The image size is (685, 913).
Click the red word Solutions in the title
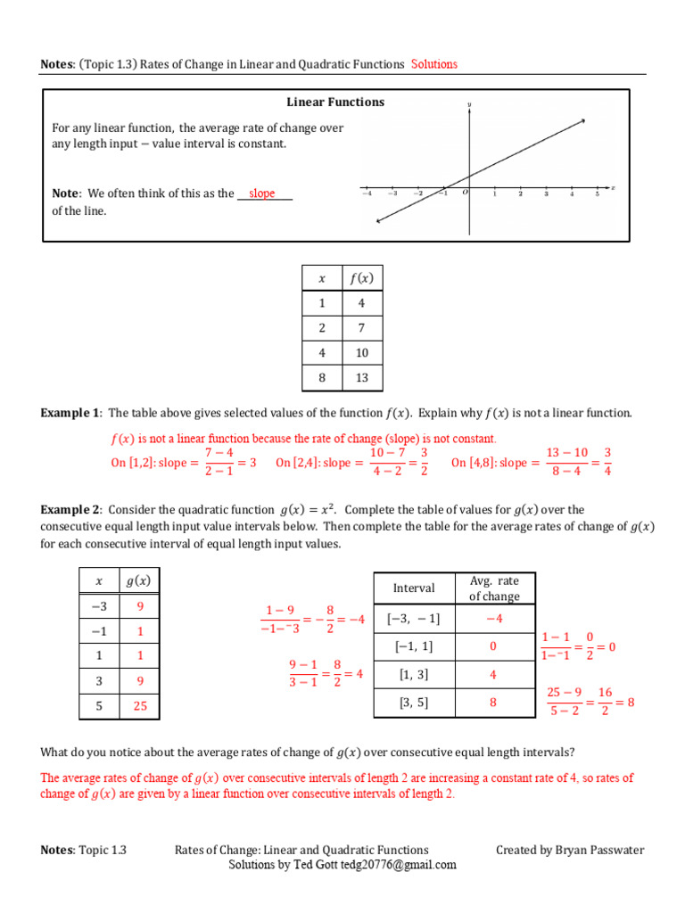click(x=434, y=64)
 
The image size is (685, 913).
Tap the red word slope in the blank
click(x=262, y=193)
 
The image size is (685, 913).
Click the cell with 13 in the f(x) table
click(x=361, y=377)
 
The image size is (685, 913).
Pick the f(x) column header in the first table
click(x=361, y=278)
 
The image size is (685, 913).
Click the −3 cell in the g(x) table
click(x=99, y=606)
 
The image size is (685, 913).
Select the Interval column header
click(x=414, y=588)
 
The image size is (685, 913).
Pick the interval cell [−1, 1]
click(x=414, y=646)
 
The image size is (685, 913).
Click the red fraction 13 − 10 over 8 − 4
click(x=566, y=462)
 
